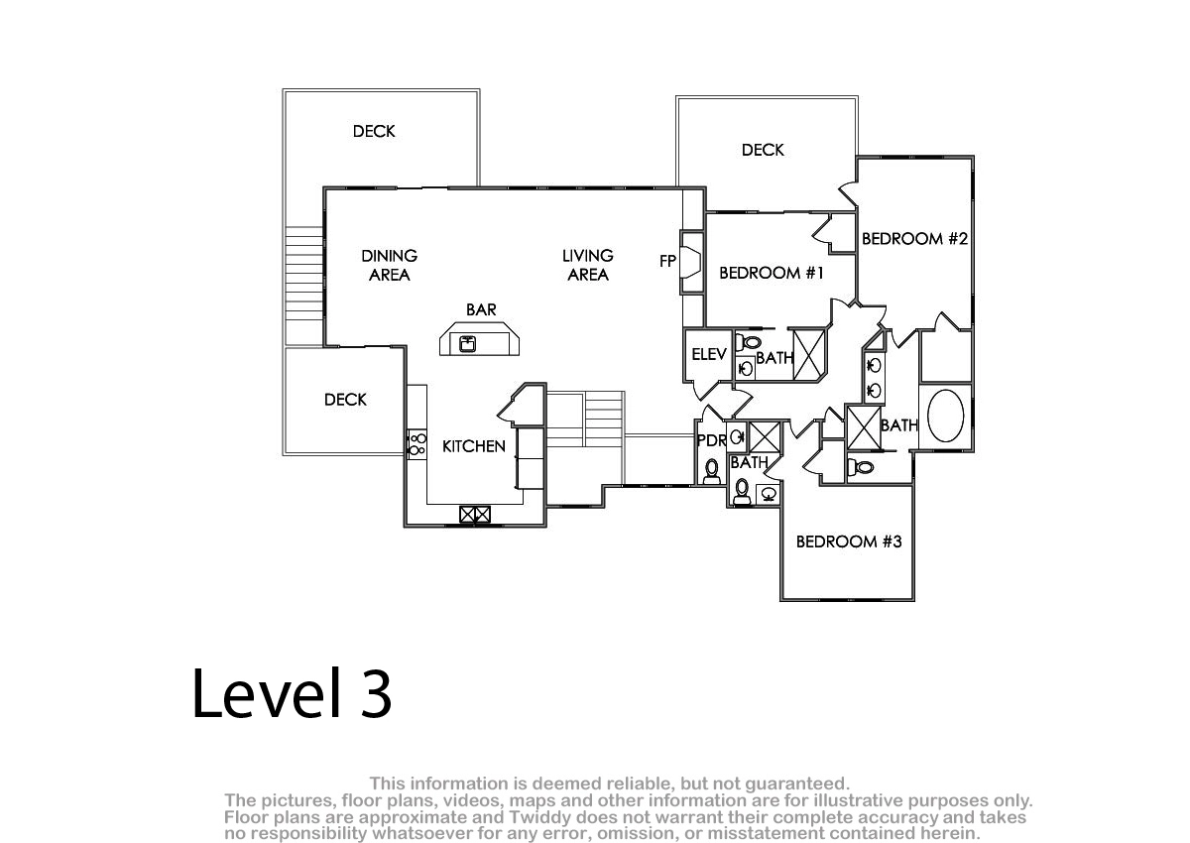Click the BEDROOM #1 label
(772, 273)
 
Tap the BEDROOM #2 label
(914, 239)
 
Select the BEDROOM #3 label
(849, 542)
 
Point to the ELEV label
(709, 354)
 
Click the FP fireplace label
(667, 262)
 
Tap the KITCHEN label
(474, 446)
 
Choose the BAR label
(481, 309)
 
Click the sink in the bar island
(467, 344)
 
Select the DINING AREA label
(390, 266)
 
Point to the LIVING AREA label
(588, 265)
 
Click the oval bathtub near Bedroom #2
(946, 416)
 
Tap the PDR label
(711, 440)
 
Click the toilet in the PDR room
(712, 471)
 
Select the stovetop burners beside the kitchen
(417, 444)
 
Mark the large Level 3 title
(292, 693)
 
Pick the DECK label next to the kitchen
(345, 400)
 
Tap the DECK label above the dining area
(374, 131)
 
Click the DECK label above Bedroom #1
(763, 150)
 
